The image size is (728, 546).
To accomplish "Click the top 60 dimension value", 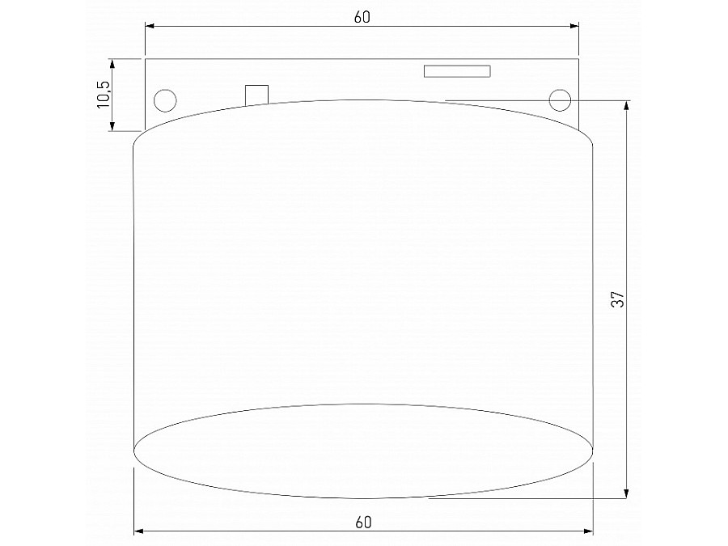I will tap(362, 17).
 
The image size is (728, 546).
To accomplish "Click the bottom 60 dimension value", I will tap(362, 522).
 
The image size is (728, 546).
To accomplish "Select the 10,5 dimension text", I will tap(104, 94).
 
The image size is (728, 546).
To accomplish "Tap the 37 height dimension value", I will tap(618, 298).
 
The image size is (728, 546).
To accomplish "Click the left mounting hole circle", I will tap(164, 99).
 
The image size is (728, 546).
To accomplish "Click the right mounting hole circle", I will tap(559, 99).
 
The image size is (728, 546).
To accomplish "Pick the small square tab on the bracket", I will tap(256, 95).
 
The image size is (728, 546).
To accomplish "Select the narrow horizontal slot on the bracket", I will tap(457, 71).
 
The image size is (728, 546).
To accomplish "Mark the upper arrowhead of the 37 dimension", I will tap(628, 105).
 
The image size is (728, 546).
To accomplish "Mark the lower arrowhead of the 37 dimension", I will tap(628, 493).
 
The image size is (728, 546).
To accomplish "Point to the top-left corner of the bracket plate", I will tap(146, 59).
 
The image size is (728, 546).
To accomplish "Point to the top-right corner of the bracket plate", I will tap(579, 59).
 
